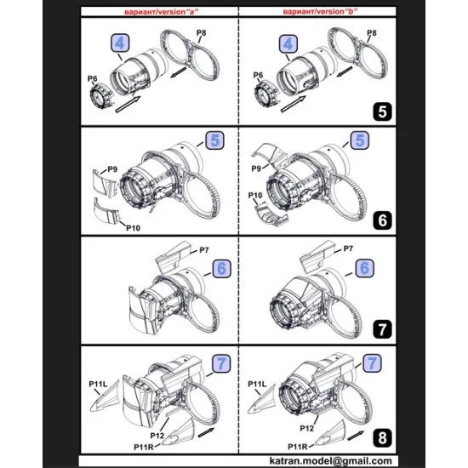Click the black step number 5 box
383,110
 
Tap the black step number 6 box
383,220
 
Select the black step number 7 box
383,328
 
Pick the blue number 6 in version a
221,267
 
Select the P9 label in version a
111,171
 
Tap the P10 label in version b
254,197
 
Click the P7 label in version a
204,249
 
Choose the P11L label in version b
257,385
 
